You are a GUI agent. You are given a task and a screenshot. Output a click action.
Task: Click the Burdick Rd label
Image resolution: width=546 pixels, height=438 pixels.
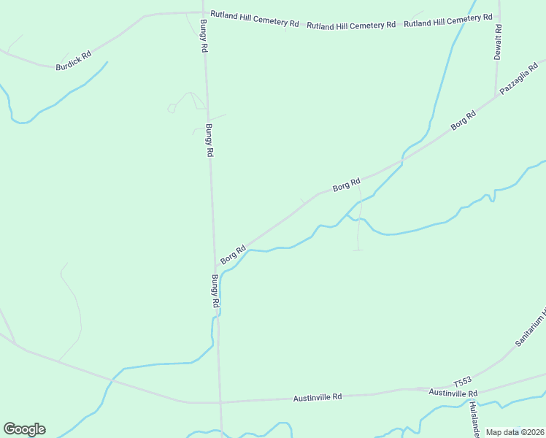[73, 61]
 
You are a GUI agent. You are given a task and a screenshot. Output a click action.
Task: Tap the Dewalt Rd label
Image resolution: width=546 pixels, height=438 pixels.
[499, 42]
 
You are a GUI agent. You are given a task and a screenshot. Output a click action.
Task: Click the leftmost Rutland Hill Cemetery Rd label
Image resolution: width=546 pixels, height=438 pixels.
[255, 19]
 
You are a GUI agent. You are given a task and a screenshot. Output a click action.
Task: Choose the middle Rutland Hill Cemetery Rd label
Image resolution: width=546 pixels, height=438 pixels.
[351, 26]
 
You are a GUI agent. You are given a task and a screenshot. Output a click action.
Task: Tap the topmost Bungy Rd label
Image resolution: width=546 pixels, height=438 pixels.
[204, 35]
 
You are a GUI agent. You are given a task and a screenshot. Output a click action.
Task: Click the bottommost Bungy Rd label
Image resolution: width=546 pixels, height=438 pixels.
[215, 291]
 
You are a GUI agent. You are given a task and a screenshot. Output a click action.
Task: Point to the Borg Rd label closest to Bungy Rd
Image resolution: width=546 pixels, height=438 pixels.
[233, 254]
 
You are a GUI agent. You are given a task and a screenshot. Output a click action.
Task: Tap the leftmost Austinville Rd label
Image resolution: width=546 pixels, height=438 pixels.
[318, 398]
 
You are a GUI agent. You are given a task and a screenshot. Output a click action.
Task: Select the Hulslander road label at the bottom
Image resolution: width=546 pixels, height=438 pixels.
[474, 418]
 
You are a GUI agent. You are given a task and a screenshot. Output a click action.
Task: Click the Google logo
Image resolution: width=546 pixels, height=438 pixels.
[24, 429]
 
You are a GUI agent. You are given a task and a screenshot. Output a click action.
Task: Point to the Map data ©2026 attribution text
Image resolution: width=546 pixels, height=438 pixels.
[514, 432]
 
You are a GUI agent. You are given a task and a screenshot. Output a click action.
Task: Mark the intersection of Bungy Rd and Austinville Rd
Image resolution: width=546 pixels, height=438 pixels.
[220, 402]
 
